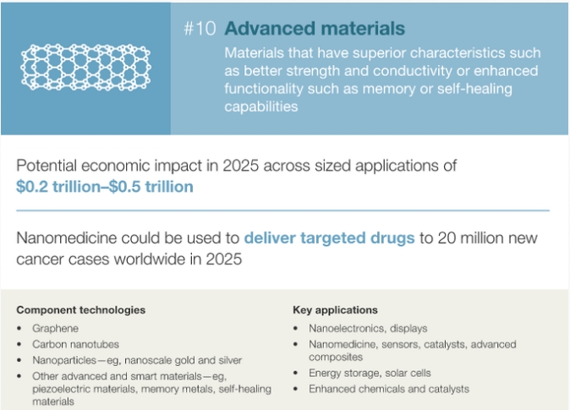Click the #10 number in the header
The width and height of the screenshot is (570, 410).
(x=200, y=29)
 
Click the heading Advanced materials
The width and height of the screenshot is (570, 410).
(x=315, y=29)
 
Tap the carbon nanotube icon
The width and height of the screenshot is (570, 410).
(x=85, y=68)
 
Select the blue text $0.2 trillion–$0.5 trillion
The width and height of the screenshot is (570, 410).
(x=105, y=187)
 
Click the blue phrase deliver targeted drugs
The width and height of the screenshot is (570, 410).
(x=329, y=238)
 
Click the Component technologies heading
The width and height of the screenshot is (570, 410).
(x=80, y=310)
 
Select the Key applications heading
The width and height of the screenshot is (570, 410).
(x=335, y=310)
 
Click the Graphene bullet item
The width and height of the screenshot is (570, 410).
(x=55, y=329)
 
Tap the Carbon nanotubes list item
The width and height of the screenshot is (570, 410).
(x=75, y=344)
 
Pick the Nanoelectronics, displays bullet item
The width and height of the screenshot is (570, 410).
(x=368, y=329)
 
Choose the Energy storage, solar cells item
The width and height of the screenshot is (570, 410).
(x=370, y=373)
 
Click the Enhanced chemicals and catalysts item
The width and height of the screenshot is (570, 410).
(x=389, y=389)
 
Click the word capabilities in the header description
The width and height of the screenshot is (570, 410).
(x=261, y=107)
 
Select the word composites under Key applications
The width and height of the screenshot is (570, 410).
(x=336, y=358)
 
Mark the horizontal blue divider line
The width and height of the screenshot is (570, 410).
(x=282, y=210)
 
